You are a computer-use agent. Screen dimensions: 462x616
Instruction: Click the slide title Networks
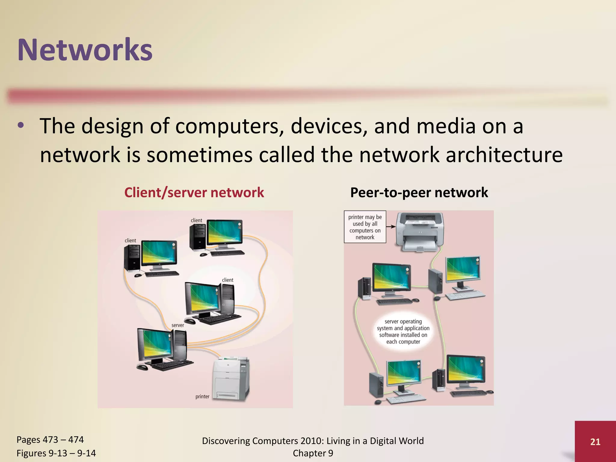(85, 50)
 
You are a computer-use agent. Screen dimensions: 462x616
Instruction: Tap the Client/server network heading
(194, 192)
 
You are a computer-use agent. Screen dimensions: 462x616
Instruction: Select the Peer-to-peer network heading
(419, 192)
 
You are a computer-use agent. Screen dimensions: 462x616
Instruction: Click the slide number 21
(595, 442)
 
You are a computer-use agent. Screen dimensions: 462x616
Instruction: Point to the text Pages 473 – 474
(50, 439)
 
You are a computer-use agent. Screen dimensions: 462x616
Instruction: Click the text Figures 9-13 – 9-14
(56, 453)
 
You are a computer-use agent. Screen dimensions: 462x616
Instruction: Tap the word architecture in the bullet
(504, 155)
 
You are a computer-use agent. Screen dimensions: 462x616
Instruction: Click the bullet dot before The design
(20, 126)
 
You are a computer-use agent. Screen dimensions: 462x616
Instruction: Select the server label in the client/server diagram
(177, 325)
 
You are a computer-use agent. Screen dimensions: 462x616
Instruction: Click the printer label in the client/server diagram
(202, 396)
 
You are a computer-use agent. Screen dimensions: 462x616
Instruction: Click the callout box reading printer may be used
(365, 227)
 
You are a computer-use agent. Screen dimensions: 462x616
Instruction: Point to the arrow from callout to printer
(390, 226)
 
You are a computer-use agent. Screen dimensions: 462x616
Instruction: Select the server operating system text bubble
(403, 331)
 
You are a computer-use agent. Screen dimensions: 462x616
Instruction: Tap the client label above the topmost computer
(196, 220)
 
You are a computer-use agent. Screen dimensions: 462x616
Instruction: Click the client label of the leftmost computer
(130, 240)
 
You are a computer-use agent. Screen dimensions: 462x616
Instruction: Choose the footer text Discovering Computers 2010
(313, 441)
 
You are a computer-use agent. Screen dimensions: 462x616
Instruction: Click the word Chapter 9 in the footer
(313, 453)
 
